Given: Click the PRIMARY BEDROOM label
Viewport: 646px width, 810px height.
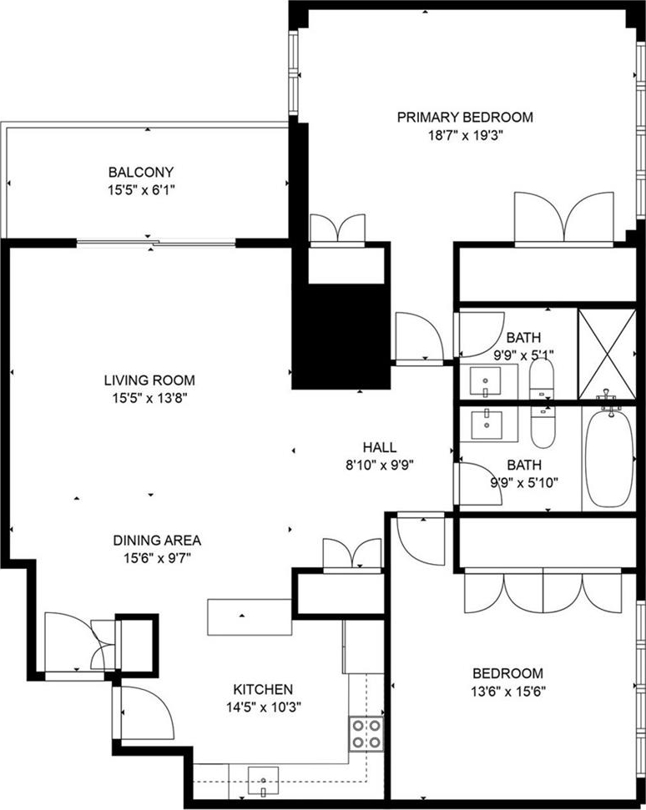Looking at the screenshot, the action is [465, 118].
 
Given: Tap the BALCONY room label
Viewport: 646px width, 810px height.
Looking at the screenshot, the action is [140, 172].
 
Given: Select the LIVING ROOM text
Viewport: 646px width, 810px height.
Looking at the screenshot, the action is [149, 380].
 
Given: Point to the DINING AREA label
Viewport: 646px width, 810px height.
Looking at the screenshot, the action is [157, 541].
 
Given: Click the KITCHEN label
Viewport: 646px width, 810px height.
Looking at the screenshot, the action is [263, 690].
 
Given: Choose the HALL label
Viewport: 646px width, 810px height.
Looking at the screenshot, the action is [379, 447].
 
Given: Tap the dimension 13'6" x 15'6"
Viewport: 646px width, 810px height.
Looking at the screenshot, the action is [508, 692].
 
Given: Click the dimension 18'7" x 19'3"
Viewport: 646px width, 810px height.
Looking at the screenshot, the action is [465, 136].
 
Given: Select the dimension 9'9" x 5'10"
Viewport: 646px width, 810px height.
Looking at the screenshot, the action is [524, 483].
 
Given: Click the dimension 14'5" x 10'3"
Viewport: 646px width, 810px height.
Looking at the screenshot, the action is [264, 707].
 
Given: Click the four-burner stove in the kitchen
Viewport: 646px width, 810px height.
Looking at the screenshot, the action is [366, 734].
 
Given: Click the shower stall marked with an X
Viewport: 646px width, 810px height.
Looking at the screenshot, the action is [607, 355].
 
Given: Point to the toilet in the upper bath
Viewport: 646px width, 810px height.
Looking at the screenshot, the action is [542, 380].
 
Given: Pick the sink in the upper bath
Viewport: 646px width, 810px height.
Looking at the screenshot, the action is [485, 381].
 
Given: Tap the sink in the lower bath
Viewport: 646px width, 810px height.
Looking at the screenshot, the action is [487, 424].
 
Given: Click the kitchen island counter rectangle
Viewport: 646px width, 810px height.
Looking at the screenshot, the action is [250, 616].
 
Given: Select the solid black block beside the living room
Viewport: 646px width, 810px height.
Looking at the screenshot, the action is [341, 336].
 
